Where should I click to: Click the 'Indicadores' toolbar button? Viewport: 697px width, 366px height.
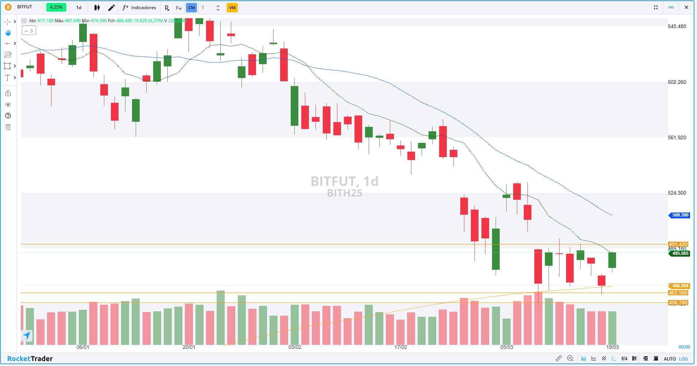point(139,8)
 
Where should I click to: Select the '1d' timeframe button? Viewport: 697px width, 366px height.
point(79,8)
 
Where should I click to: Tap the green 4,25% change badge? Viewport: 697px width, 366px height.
point(56,7)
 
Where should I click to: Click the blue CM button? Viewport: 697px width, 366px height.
point(191,8)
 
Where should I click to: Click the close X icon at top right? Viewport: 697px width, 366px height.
point(686,7)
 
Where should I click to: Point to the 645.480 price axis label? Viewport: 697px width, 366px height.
point(677,27)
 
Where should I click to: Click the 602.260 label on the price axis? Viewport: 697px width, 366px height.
point(677,82)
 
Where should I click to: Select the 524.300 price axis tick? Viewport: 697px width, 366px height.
point(677,193)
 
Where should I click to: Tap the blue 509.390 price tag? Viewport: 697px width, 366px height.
point(680,215)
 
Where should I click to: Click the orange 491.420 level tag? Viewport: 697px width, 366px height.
point(678,244)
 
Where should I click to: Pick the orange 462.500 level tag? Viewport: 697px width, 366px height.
point(678,293)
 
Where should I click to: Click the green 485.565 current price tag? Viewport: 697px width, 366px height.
point(680,253)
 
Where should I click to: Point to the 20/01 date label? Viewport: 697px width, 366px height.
point(189,347)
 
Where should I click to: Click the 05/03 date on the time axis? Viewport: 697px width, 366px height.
point(507,347)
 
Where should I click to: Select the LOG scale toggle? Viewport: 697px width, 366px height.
point(684,359)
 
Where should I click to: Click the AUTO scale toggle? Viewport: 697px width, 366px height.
point(670,359)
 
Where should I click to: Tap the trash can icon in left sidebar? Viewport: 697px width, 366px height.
point(8,127)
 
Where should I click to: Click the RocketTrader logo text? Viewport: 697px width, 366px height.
point(30,359)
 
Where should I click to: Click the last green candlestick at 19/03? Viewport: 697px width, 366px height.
point(612,260)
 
